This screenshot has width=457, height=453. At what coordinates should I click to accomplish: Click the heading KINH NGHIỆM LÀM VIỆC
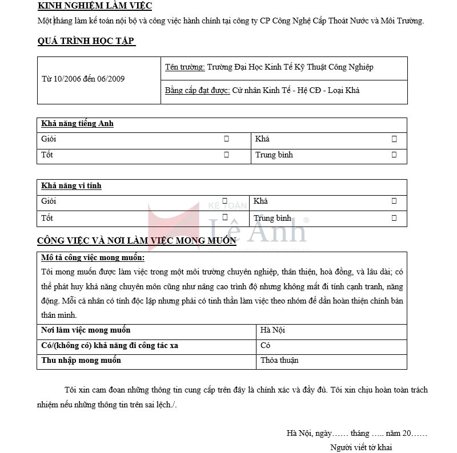click(94, 6)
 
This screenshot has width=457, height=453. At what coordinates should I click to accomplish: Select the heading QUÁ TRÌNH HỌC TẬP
click(86, 41)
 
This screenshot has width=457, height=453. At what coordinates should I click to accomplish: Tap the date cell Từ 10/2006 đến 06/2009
click(83, 79)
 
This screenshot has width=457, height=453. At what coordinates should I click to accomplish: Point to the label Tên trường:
click(185, 67)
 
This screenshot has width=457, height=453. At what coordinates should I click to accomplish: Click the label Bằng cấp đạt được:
click(197, 91)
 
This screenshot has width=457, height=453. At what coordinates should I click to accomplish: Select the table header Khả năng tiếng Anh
click(77, 124)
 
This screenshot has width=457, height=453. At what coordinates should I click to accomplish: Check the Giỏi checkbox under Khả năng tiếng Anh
click(226, 139)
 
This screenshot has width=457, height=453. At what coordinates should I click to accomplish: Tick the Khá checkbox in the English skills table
click(394, 139)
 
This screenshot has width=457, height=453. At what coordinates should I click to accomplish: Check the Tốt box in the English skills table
click(226, 155)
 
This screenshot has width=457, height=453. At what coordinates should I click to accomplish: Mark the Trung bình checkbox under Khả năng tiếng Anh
click(394, 155)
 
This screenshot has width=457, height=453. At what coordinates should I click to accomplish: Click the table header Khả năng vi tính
click(71, 186)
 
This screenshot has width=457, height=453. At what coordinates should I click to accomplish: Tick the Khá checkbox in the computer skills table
click(394, 201)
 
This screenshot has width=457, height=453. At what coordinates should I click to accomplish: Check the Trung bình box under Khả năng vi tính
click(394, 218)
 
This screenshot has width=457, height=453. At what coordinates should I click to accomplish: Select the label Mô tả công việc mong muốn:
click(93, 258)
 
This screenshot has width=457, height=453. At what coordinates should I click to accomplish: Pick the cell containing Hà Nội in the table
click(272, 330)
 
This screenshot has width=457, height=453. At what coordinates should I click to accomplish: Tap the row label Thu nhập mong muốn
click(81, 361)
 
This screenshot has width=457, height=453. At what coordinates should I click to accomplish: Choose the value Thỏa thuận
click(279, 361)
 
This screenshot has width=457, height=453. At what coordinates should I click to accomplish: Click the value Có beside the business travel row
click(265, 346)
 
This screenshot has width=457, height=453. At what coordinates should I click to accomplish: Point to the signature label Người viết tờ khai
click(361, 447)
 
